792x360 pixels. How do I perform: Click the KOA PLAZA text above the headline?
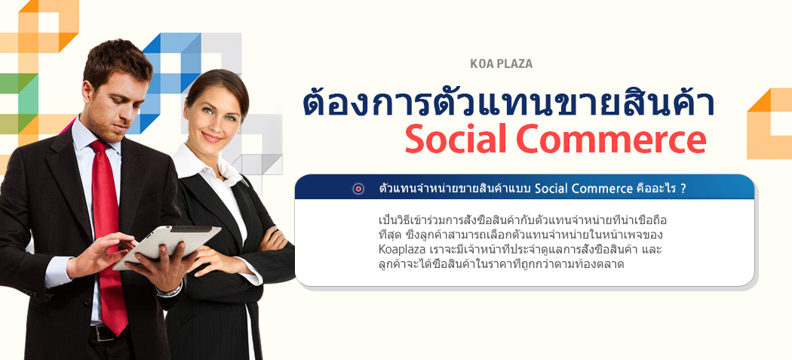[501, 64]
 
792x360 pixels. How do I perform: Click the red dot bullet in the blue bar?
[358, 189]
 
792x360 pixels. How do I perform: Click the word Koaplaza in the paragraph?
[398, 251]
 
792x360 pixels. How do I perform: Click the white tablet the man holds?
[167, 246]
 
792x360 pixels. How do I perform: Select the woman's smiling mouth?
[212, 137]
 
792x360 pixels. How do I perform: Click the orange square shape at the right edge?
[769, 125]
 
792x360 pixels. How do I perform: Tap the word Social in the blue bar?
[550, 189]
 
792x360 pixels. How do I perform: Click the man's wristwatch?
[170, 291]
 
